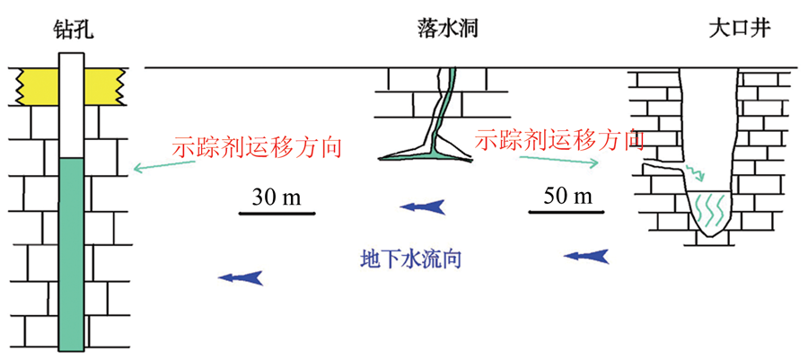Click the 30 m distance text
coord(277,197)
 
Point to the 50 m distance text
coord(566,196)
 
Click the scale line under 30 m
coord(277,214)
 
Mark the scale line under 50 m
coord(566,214)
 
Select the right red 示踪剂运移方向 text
coord(559,139)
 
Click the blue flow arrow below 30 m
coord(422,208)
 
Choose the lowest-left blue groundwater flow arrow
coord(241,277)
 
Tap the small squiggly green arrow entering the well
coord(695,171)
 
